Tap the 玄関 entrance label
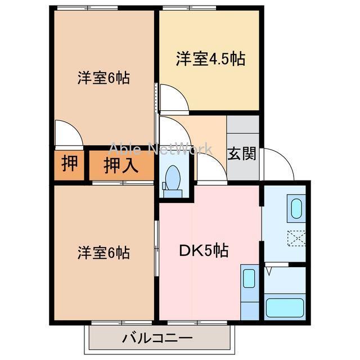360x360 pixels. (x=242, y=154)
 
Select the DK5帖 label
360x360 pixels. (x=203, y=251)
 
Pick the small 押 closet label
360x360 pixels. (x=70, y=164)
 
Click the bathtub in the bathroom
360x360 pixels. (x=284, y=308)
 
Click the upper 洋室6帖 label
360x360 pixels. (x=103, y=78)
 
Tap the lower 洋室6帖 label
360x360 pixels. (x=103, y=253)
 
